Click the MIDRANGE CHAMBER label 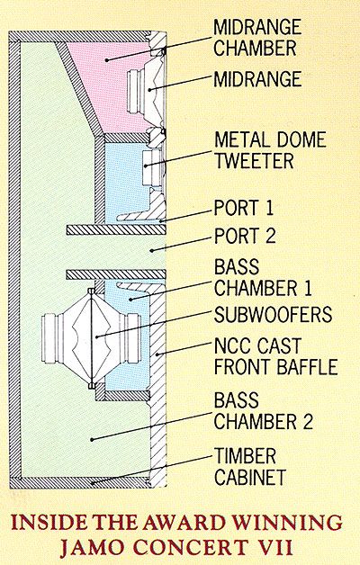tap(257, 38)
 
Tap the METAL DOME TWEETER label tap(270, 150)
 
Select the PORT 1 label tap(244, 208)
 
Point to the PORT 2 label tap(245, 236)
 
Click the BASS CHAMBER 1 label tap(263, 277)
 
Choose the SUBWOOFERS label tap(273, 314)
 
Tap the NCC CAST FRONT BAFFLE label tap(275, 356)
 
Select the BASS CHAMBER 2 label tap(264, 411)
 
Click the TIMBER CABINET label tap(250, 466)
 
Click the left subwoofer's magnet tap(49, 338)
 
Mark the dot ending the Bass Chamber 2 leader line tap(92, 439)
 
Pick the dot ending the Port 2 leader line tap(152, 250)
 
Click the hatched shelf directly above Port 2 tap(116, 229)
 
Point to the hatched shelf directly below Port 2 tap(116, 274)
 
